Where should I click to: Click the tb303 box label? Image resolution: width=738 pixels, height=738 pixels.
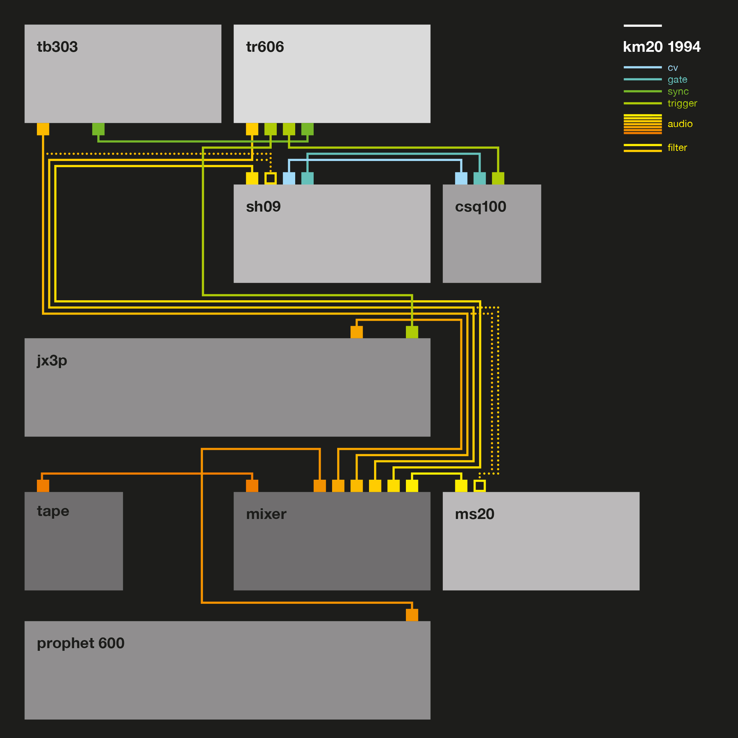point(57,47)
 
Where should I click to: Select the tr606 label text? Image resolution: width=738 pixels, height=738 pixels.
point(265,47)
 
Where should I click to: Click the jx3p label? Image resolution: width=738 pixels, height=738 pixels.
point(52,361)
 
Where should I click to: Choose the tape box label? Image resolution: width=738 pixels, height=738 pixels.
point(53,511)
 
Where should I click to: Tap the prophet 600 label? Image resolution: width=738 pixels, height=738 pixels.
point(81,643)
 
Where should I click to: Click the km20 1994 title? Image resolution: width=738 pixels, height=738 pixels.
point(662,47)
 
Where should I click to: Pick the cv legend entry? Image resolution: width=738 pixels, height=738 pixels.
point(672,68)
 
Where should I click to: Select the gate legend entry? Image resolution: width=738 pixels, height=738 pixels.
point(677,79)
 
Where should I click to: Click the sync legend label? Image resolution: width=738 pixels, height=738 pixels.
point(678,91)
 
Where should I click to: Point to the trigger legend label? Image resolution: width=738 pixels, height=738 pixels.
point(682,103)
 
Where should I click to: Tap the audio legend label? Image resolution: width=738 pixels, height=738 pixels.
point(680,124)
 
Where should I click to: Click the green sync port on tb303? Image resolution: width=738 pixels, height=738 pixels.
point(98,129)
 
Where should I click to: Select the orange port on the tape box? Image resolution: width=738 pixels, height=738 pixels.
point(43,486)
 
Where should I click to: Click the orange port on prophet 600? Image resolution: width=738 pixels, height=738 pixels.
point(412,615)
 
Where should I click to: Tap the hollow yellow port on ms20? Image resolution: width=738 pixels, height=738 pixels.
point(479,486)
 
